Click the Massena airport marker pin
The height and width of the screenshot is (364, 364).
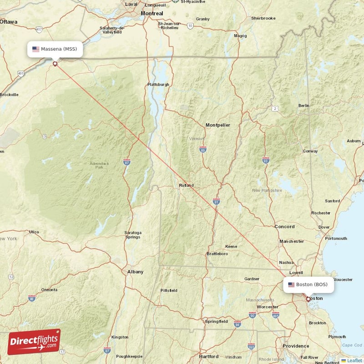56,64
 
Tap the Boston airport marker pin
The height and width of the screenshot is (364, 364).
308,299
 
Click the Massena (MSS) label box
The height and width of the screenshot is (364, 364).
55,49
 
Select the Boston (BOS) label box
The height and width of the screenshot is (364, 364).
308,284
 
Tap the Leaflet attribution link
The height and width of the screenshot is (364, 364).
352,360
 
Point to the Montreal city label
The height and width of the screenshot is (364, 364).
152,14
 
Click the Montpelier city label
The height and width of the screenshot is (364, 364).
217,125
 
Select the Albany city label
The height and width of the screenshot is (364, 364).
135,272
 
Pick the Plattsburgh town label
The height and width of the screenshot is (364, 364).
158,85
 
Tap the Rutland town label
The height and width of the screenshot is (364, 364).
186,185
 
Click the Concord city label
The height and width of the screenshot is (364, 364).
284,227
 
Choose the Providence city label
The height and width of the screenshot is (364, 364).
296,346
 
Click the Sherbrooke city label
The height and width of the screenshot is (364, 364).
263,18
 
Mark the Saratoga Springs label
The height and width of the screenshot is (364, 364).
133,235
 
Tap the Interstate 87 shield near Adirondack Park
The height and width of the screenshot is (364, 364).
126,162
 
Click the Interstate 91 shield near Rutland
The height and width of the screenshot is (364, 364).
216,201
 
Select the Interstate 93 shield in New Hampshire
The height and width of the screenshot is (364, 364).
266,160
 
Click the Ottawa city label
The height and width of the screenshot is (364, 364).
8,21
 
